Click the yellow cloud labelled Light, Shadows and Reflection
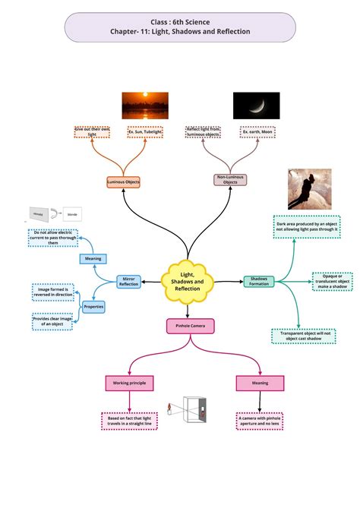pyautogui.click(x=187, y=282)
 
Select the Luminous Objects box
pyautogui.click(x=123, y=182)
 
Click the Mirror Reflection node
pyautogui.click(x=129, y=282)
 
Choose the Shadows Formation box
pyautogui.click(x=259, y=282)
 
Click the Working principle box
pyautogui.click(x=130, y=383)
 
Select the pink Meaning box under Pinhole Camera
pyautogui.click(x=260, y=383)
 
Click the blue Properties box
pyautogui.click(x=93, y=307)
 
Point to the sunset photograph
pyautogui.click(x=145, y=106)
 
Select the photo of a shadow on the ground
pyautogui.click(x=309, y=189)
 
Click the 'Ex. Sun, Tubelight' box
pyautogui.click(x=145, y=132)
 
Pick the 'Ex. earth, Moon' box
pyautogui.click(x=257, y=132)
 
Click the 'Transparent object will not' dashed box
pyautogui.click(x=302, y=336)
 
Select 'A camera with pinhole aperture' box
pyautogui.click(x=260, y=421)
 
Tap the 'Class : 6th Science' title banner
pyautogui.click(x=179, y=27)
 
